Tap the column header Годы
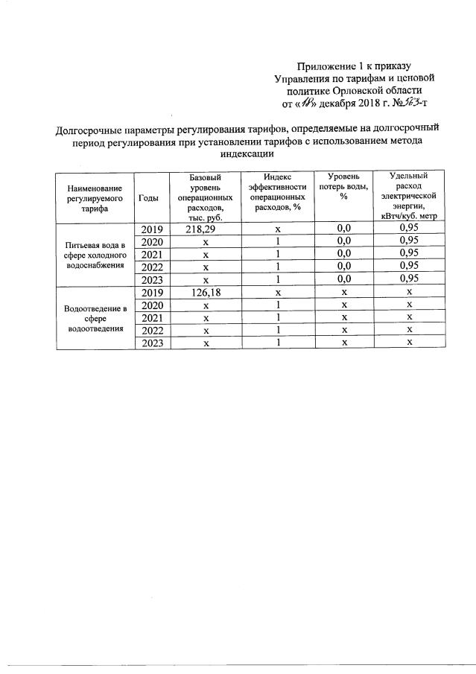[148, 197]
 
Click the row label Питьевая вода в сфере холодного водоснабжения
[94, 255]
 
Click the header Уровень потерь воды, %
[343, 186]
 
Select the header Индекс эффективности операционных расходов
[277, 191]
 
